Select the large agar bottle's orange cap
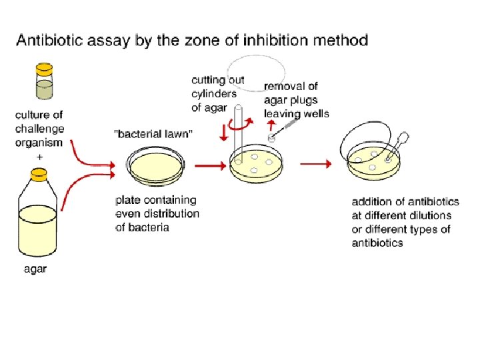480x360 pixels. (x=39, y=175)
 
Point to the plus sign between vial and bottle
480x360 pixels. (x=39, y=155)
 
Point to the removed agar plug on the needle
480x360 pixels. (x=272, y=137)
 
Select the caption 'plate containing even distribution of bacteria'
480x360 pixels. (x=157, y=213)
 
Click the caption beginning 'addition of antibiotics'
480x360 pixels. (x=401, y=221)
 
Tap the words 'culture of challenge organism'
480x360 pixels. (x=39, y=129)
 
